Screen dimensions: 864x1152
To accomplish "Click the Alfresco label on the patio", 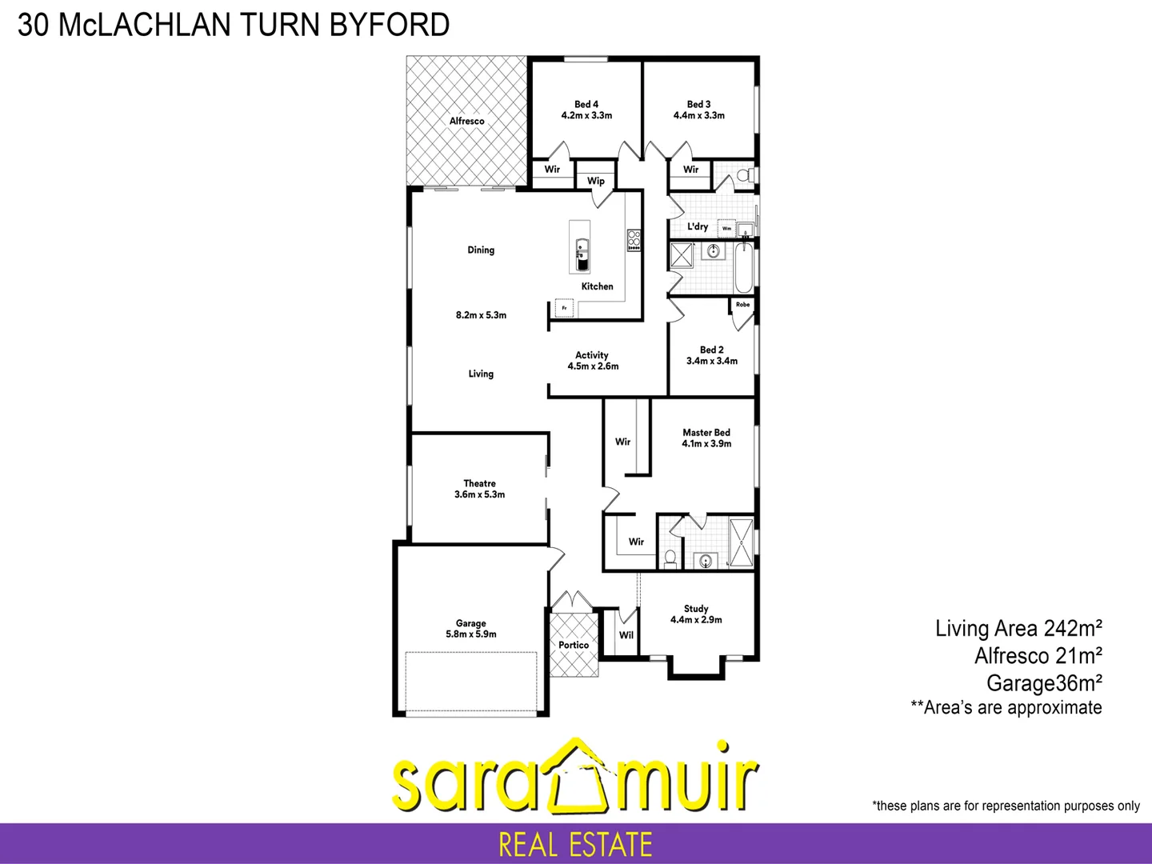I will point(466,121).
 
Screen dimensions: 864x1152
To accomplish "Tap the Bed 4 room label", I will point(586,104).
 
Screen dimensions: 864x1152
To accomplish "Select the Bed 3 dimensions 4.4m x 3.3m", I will point(699,116).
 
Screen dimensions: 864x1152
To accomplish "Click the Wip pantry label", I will point(596,181).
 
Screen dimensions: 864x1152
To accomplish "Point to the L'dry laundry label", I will point(698,226).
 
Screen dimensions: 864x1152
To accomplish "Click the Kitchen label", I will point(597,286).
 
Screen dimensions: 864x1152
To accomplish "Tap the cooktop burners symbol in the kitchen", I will point(634,238).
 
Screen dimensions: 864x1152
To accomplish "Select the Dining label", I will point(481,250).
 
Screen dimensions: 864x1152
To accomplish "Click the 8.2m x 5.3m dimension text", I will point(481,315).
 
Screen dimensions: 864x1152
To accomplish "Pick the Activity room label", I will point(592,354).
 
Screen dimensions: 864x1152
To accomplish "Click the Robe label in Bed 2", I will point(743,305).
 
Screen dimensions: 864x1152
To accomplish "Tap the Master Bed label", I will point(706,432).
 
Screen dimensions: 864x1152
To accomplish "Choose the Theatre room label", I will point(480,483).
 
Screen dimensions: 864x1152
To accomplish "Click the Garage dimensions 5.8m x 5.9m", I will point(471,634).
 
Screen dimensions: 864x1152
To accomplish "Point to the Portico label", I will point(574,645).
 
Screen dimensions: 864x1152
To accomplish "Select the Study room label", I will point(696,609).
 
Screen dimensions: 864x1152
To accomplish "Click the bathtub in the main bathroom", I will point(742,268).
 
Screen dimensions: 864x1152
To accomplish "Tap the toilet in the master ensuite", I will point(670,557).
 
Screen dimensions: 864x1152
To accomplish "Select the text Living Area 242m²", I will point(1018,629).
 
